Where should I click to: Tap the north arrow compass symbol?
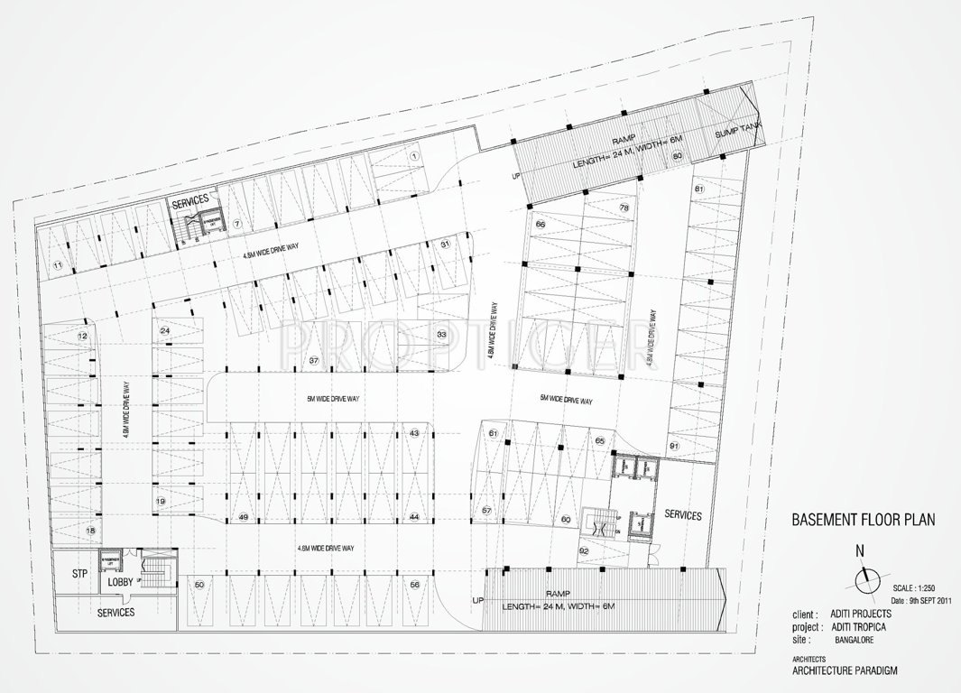(865, 577)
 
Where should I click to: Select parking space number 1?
(413, 155)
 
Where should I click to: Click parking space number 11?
(57, 264)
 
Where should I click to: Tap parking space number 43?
(413, 433)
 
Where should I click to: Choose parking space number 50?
(199, 586)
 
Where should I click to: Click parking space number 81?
(699, 189)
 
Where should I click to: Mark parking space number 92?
(584, 550)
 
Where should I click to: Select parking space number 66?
(541, 224)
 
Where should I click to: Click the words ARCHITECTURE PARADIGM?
(845, 670)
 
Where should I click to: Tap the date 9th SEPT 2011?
(921, 599)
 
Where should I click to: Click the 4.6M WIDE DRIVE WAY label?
(325, 549)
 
